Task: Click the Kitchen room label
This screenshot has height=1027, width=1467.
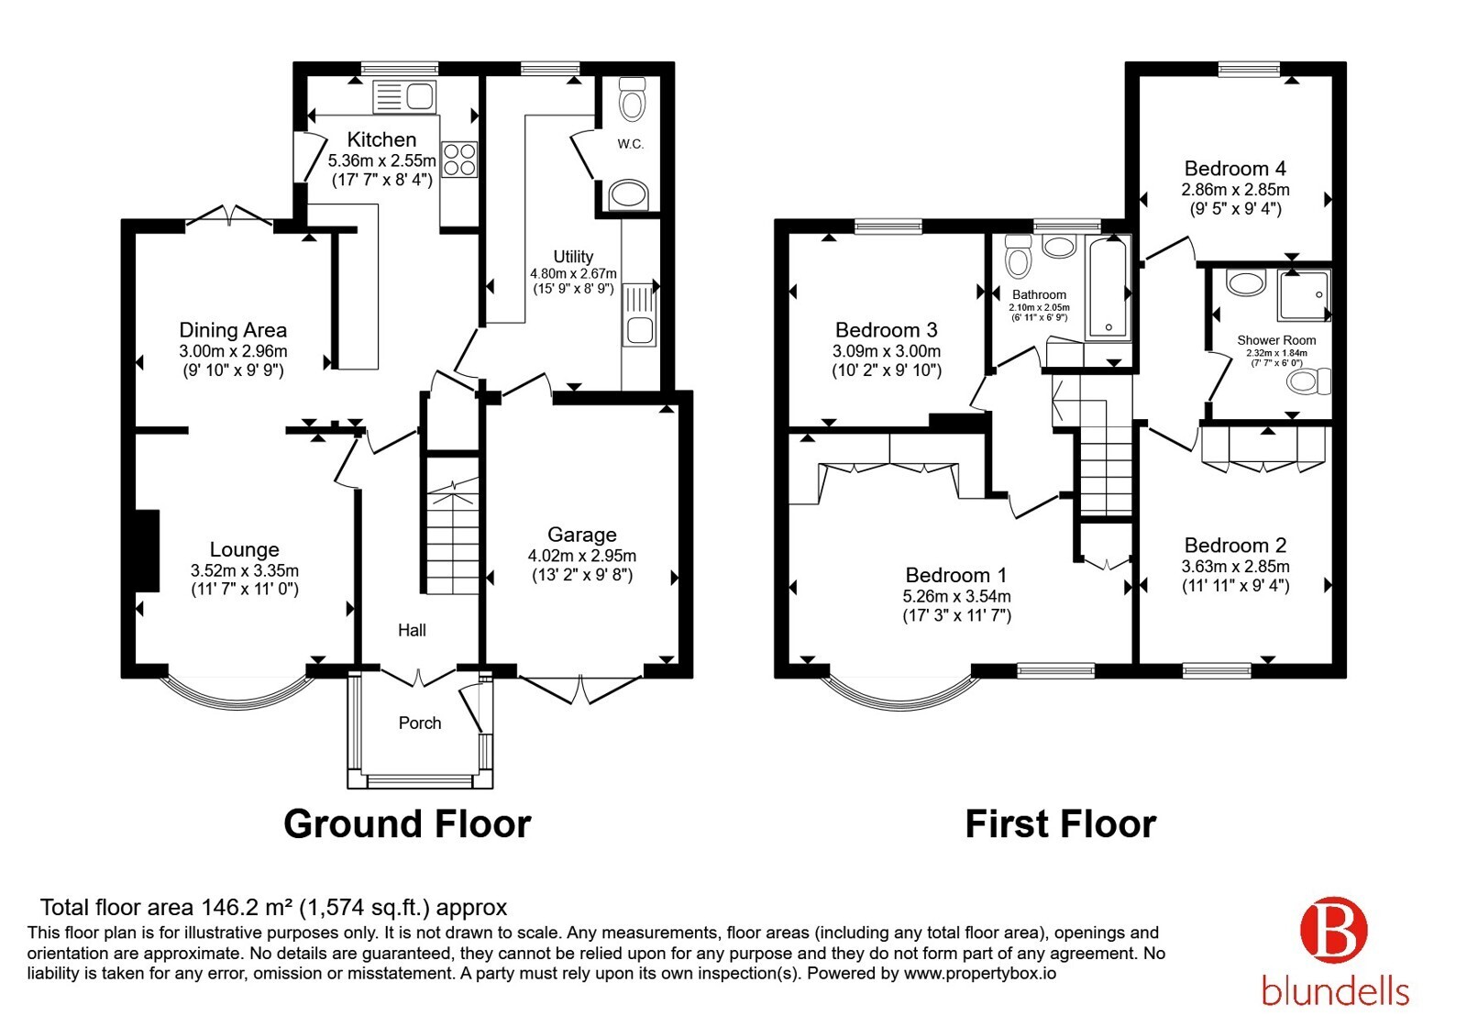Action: pos(381,139)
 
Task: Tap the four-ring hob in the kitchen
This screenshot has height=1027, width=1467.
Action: pos(459,160)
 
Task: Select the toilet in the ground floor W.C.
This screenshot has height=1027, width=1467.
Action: pos(632,99)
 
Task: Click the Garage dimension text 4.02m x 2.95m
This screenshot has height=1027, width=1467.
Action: pos(582,556)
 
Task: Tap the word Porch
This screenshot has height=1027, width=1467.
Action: pos(420,723)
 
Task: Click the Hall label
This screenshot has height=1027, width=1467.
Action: pos(412,630)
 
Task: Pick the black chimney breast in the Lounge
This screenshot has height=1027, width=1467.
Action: pos(148,551)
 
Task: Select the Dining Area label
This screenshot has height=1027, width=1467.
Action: pos(233,329)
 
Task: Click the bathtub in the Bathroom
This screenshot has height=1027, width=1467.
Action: pos(1109,288)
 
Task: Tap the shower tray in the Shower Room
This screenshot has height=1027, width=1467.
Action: pos(1304,295)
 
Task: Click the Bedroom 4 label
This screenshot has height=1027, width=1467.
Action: pos(1235,169)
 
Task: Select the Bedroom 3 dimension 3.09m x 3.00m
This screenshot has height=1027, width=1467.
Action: pos(887,351)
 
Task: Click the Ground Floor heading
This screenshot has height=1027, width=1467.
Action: pos(407,823)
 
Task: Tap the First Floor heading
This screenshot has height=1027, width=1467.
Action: pos(1061,823)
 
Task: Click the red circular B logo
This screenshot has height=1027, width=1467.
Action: pos(1334,930)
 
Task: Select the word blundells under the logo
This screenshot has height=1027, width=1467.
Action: pos(1335,991)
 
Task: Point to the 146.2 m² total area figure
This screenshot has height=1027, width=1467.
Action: pos(247,907)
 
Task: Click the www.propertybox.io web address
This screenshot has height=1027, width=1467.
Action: pos(980,973)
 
